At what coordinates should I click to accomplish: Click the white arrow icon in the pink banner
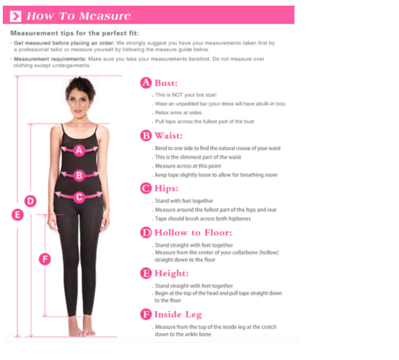click(x=16, y=16)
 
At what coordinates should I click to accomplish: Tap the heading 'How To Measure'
click(x=79, y=16)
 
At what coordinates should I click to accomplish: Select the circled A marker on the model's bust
click(x=79, y=150)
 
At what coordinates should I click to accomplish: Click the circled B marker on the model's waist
click(x=79, y=175)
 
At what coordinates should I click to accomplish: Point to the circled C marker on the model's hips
click(x=79, y=197)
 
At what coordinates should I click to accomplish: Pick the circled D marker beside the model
click(x=30, y=201)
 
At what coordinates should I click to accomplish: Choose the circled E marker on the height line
click(x=18, y=215)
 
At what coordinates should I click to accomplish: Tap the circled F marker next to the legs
click(x=45, y=259)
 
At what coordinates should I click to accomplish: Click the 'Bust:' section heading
click(x=166, y=83)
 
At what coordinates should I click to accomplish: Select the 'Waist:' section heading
click(x=168, y=136)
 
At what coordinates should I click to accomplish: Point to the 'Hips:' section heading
click(x=166, y=188)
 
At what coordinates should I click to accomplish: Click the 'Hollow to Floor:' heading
click(x=193, y=232)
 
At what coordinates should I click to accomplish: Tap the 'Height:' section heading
click(x=171, y=273)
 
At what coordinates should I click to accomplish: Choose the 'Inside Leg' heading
click(x=178, y=314)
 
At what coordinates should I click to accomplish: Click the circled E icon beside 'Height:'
click(x=146, y=273)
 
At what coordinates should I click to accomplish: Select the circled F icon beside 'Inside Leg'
click(x=146, y=314)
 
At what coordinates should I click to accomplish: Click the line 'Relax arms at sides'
click(x=178, y=113)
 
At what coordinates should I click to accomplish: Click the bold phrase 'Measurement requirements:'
click(x=50, y=59)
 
